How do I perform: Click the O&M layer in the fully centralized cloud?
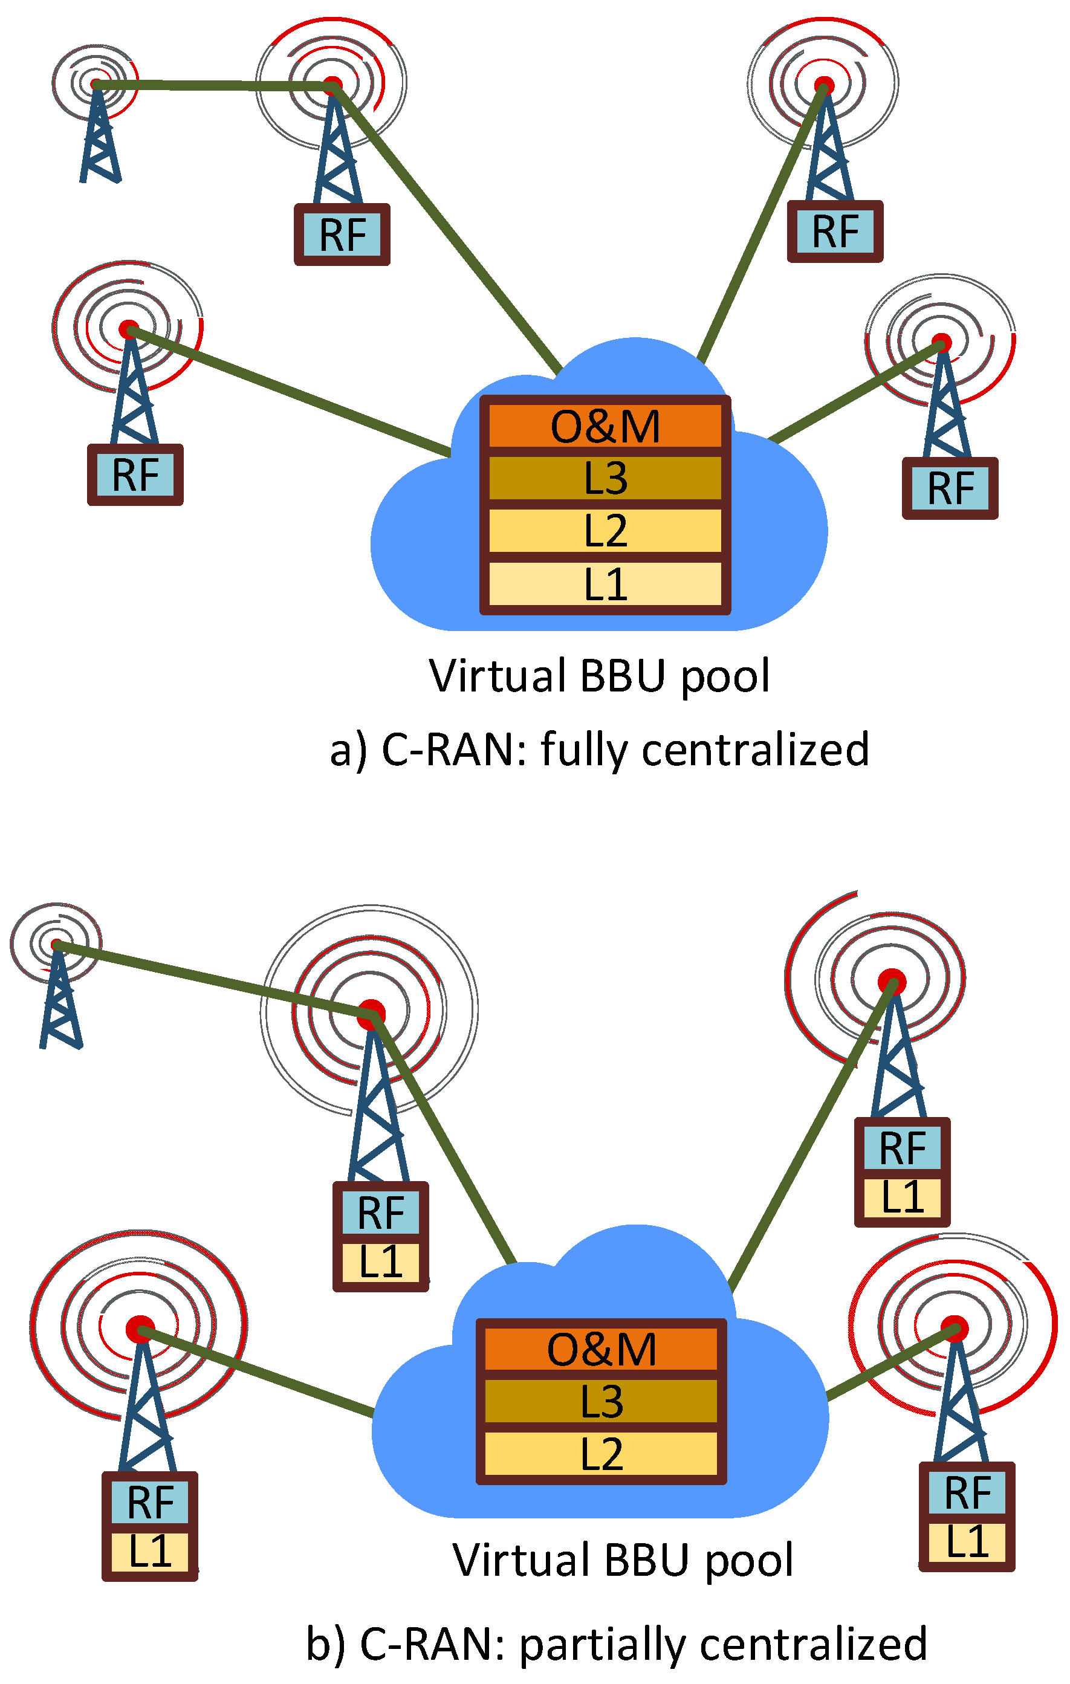point(605,426)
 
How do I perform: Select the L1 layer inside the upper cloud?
point(605,584)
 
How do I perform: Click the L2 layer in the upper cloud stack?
point(605,531)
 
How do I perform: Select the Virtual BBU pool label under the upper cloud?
point(599,676)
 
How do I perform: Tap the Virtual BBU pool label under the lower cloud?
point(623,1560)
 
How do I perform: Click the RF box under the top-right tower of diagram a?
point(835,232)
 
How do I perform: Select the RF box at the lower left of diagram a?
point(135,475)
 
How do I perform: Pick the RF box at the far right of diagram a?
point(950,488)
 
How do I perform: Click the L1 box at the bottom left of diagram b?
point(150,1551)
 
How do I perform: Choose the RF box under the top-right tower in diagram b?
point(902,1148)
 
